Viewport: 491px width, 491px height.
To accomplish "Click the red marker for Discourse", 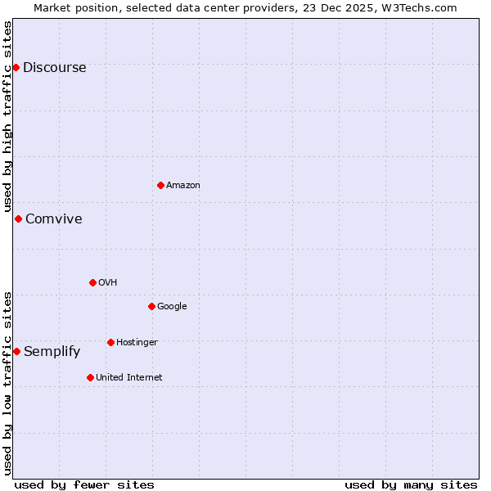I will click(16, 67).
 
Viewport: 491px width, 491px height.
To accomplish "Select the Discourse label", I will click(54, 68).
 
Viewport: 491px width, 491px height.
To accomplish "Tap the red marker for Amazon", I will click(160, 185).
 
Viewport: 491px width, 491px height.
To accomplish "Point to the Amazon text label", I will click(183, 186).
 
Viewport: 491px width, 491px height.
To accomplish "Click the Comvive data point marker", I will click(18, 218).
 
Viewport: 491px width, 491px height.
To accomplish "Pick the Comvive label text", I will click(53, 219).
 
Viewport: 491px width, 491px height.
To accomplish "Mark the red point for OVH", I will click(92, 282).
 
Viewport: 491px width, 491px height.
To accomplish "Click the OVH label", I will click(107, 283).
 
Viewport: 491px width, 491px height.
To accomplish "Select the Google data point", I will click(151, 306).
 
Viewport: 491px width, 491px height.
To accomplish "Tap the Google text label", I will click(172, 307).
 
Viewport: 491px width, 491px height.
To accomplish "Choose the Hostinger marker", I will click(110, 342).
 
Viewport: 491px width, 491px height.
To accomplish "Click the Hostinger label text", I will click(137, 343).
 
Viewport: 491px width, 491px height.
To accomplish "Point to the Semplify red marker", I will click(16, 351).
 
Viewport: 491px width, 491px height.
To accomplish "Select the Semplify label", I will click(52, 352).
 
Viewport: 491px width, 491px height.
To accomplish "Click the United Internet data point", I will click(90, 377).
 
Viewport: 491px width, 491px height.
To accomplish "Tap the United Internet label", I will click(128, 378).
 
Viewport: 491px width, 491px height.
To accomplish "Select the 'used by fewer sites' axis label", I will click(84, 485).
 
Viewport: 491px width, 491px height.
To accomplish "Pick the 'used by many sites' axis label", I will click(411, 485).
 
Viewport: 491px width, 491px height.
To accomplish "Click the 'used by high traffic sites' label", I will click(8, 116).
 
